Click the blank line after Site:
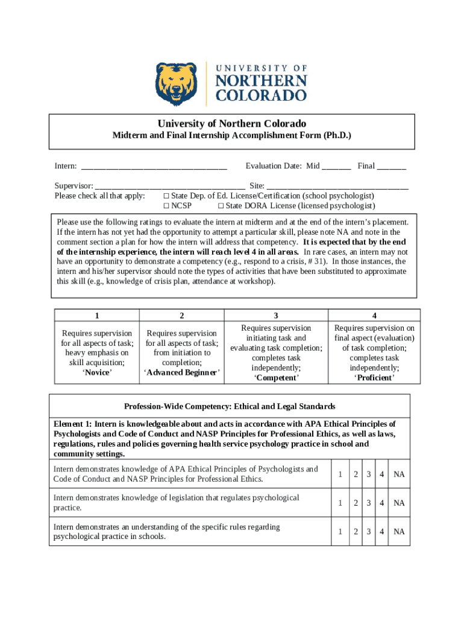[337, 186]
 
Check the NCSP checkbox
[166, 206]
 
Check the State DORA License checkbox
[221, 206]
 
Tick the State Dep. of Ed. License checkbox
[166, 196]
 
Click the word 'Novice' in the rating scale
[97, 372]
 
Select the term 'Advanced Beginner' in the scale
[182, 372]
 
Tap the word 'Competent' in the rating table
[276, 378]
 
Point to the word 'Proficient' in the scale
[374, 378]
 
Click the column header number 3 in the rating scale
[276, 316]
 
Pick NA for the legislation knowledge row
[399, 503]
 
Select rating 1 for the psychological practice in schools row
[340, 532]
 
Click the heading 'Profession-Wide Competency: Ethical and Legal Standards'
[230, 407]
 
